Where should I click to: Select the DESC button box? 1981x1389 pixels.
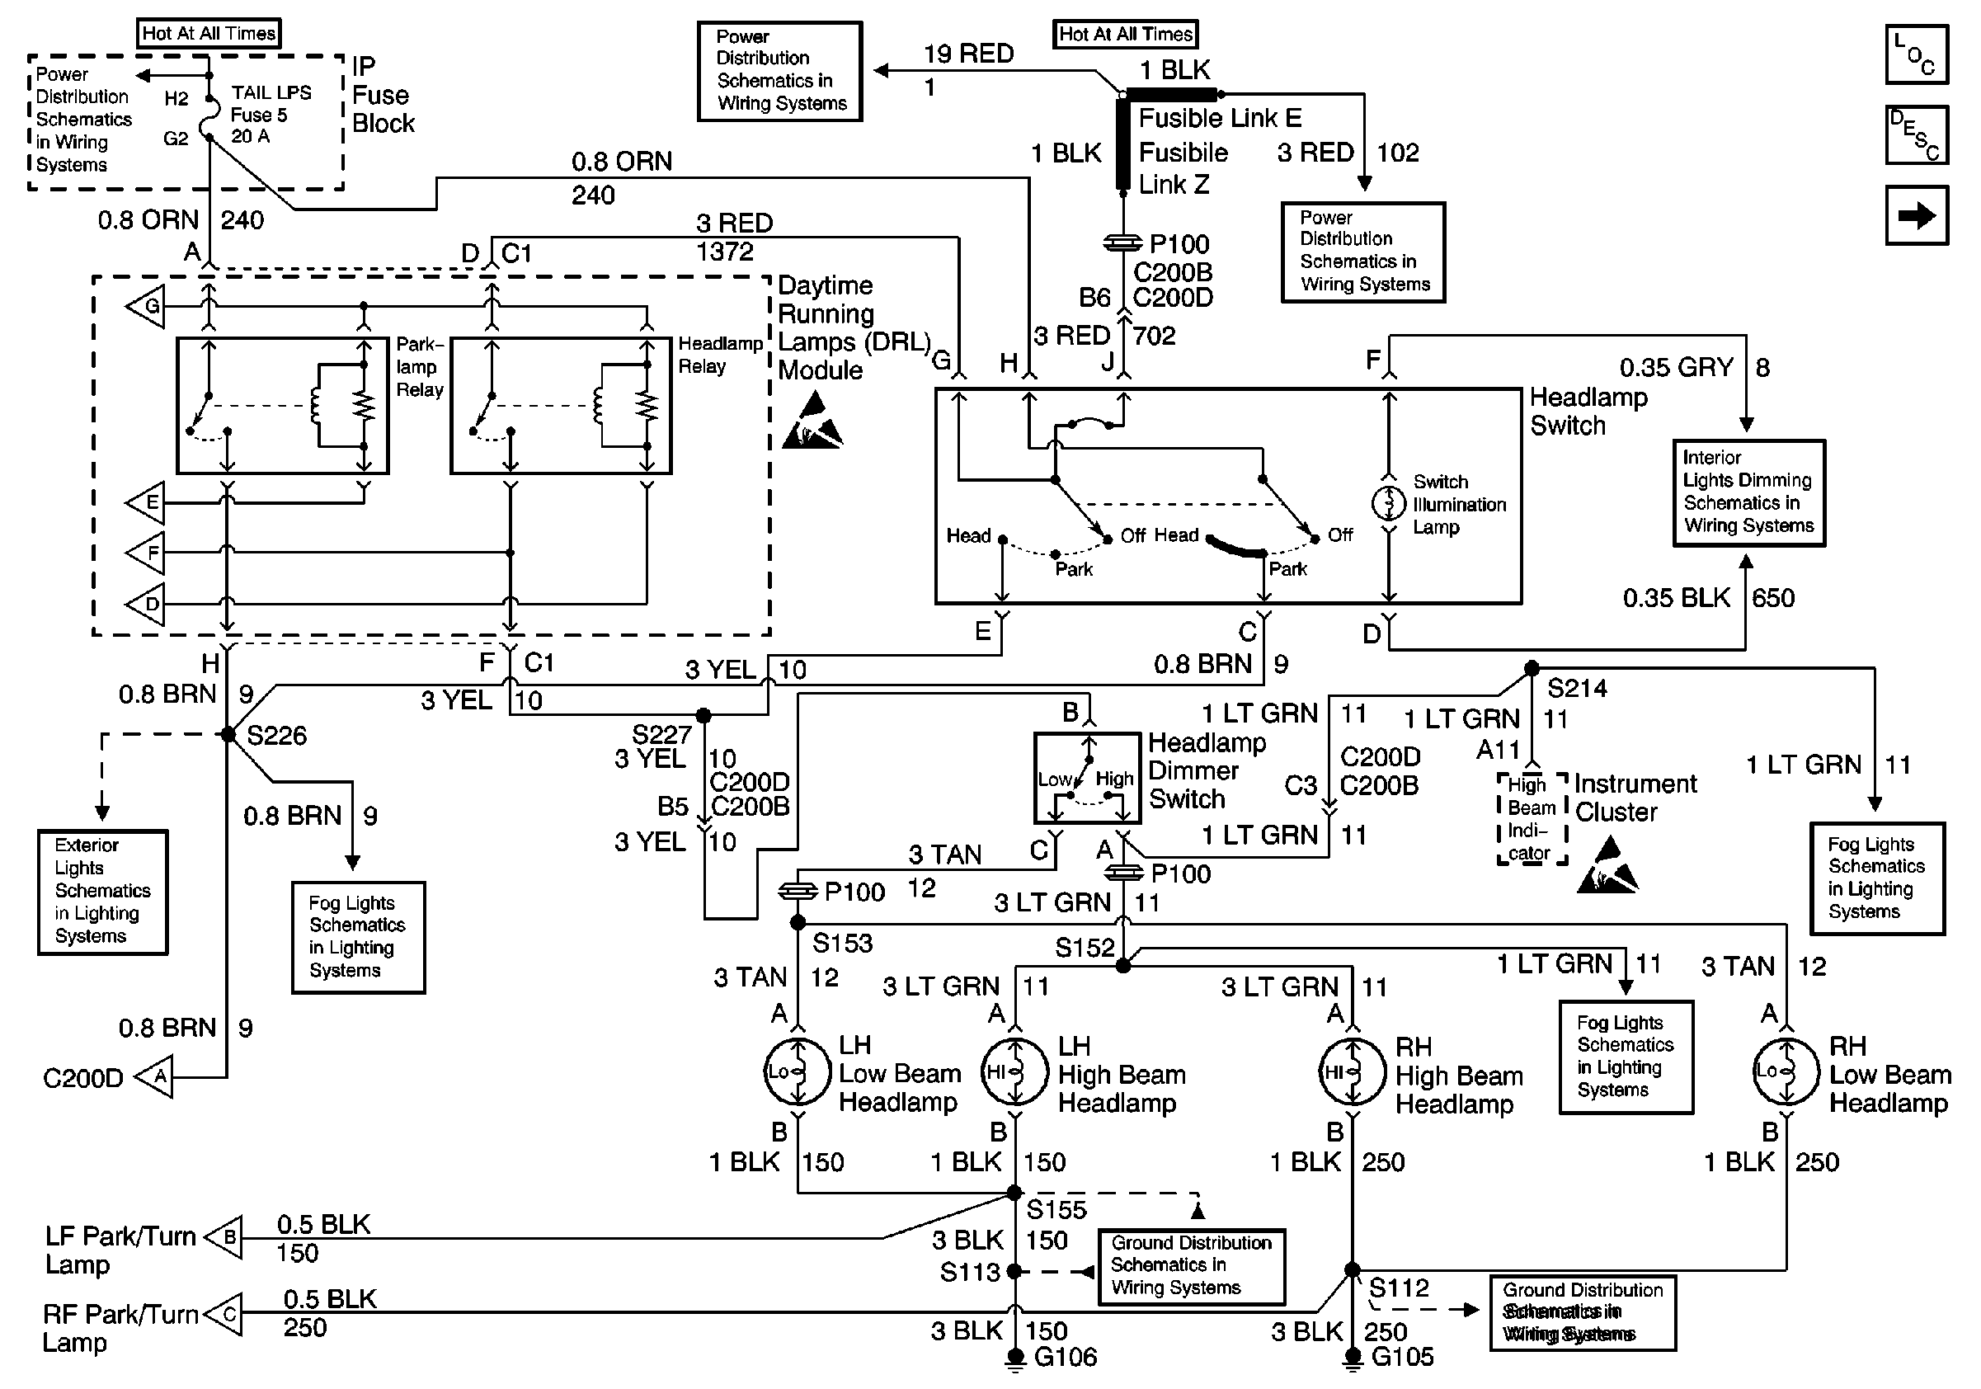pos(1917,134)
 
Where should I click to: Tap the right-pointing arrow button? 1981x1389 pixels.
pos(1917,215)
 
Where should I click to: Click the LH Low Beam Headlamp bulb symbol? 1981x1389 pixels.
pos(798,1072)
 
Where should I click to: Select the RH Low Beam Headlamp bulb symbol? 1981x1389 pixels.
pos(1786,1072)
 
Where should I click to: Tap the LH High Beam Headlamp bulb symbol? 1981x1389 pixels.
pos(1015,1072)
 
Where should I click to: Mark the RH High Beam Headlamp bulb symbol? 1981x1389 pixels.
pos(1352,1072)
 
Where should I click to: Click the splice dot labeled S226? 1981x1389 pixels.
pos(228,734)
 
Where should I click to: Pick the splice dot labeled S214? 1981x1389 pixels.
pos(1532,668)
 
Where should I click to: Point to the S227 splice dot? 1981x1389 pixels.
pos(704,715)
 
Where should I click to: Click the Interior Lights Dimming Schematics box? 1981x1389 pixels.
pos(1749,492)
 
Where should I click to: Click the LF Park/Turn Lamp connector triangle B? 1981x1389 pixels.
pos(227,1237)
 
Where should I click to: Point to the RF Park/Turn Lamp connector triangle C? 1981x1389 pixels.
pos(227,1314)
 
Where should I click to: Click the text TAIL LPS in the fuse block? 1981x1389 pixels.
pos(271,93)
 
